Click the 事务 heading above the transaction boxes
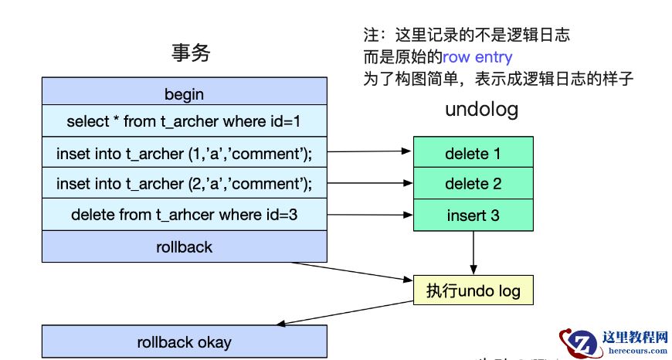[x=190, y=53]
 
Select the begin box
[x=184, y=94]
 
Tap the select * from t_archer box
[x=184, y=121]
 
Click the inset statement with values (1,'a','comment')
[x=184, y=153]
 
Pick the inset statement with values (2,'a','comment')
[x=184, y=184]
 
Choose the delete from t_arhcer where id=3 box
[x=184, y=215]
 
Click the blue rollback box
[x=184, y=247]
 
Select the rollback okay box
[x=184, y=341]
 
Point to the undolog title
[x=481, y=110]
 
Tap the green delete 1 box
[x=473, y=153]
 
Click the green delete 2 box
[x=473, y=184]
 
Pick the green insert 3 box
[x=473, y=215]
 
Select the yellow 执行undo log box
[x=473, y=291]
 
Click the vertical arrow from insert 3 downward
[x=473, y=252]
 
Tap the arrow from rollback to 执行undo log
[x=352, y=270]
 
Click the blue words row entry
[x=477, y=57]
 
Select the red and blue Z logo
[x=580, y=342]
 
